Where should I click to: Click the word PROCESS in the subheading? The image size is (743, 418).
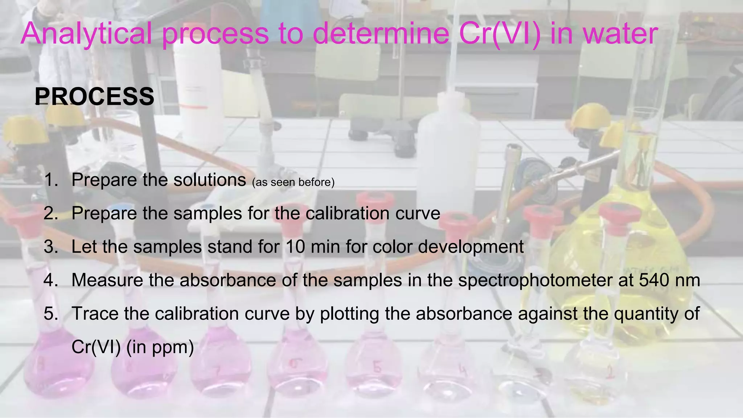[x=95, y=97]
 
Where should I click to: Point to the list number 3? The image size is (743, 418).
[x=51, y=247]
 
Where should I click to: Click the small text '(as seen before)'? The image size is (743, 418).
[x=293, y=182]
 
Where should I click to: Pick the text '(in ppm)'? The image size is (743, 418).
[x=160, y=347]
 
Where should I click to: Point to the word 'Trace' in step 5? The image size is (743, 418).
[x=95, y=313]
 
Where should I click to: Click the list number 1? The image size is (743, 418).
[x=51, y=180]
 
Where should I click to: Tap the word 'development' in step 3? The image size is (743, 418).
[x=471, y=247]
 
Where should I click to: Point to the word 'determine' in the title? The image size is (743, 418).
[x=381, y=34]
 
